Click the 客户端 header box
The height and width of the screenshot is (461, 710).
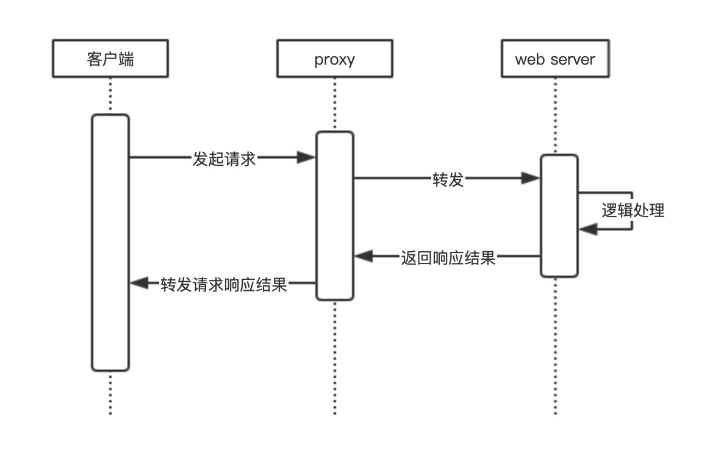point(110,59)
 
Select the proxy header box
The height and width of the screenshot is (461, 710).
point(334,59)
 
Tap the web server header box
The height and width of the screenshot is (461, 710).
point(555,59)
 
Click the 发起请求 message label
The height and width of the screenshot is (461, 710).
point(224,159)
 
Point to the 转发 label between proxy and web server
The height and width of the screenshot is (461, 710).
point(448,179)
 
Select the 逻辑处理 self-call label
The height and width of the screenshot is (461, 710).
point(633,211)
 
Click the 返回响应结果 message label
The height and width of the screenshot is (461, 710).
point(448,257)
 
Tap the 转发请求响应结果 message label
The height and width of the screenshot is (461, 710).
point(224,284)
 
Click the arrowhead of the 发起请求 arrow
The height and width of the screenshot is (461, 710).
point(306,158)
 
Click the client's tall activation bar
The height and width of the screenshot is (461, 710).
point(110,244)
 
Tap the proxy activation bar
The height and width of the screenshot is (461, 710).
point(334,216)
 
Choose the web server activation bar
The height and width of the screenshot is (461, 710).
point(559,216)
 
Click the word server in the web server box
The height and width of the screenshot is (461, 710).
point(572,59)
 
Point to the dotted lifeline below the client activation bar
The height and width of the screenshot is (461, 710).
point(110,393)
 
